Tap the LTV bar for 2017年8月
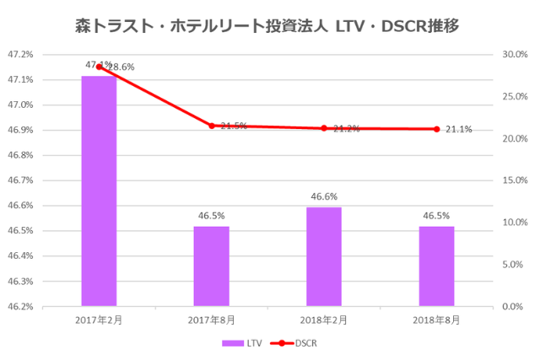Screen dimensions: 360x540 pos(211,266)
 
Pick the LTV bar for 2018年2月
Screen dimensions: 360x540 pos(324,255)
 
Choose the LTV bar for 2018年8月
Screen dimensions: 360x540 pos(436,266)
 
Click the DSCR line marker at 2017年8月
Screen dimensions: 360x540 pos(211,126)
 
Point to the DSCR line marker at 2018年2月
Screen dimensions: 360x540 pos(324,128)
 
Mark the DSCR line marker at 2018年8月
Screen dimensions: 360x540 pos(436,129)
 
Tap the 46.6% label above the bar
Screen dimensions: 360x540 pos(324,196)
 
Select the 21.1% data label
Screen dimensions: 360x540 pos(459,129)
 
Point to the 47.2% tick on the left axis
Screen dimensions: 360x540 pos(20,55)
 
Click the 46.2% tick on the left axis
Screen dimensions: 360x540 pos(20,306)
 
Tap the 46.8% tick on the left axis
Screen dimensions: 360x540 pos(20,155)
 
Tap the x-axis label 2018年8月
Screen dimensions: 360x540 pos(436,320)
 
